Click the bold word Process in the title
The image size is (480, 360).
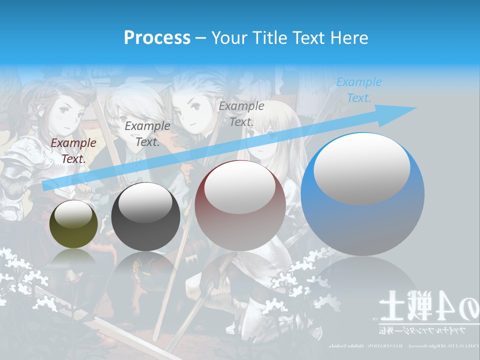pos(157,38)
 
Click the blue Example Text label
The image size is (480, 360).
pos(358,90)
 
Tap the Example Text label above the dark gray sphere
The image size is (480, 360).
pos(147,134)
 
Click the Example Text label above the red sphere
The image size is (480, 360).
pos(241,113)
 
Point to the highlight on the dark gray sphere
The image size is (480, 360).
pos(145,203)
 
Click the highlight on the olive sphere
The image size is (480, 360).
pos(73,213)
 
